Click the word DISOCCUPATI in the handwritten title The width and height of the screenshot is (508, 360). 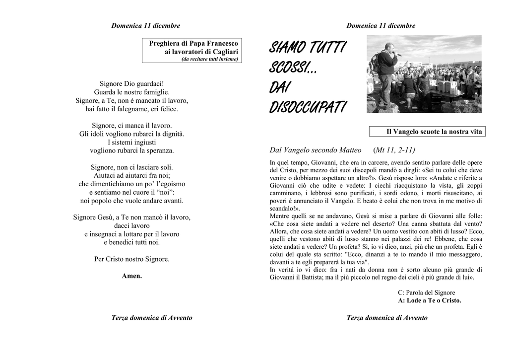[x=308, y=107]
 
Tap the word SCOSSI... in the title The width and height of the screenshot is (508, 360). [x=293, y=67]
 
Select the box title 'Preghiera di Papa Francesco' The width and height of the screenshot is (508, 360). [x=193, y=44]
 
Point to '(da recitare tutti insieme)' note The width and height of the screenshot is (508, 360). [x=210, y=59]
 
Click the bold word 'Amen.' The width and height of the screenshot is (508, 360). [x=132, y=276]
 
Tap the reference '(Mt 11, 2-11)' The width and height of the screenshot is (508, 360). [x=394, y=150]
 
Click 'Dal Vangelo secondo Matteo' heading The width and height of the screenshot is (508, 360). [x=316, y=150]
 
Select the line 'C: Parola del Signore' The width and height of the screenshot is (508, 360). [x=426, y=292]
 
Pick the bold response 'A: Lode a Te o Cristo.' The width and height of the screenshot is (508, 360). [x=430, y=300]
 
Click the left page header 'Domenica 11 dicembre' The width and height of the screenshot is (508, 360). [x=146, y=26]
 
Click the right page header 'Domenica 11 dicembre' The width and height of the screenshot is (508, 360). [x=381, y=26]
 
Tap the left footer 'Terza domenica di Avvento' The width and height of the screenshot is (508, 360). [x=152, y=318]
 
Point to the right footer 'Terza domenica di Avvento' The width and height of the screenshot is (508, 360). [x=387, y=318]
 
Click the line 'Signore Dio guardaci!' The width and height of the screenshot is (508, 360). [x=132, y=83]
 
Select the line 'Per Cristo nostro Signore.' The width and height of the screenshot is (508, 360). [x=132, y=259]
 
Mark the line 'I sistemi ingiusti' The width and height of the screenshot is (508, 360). [x=132, y=142]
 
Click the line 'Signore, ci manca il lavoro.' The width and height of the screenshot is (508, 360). [x=132, y=125]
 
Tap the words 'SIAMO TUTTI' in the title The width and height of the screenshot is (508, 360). [x=308, y=48]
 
